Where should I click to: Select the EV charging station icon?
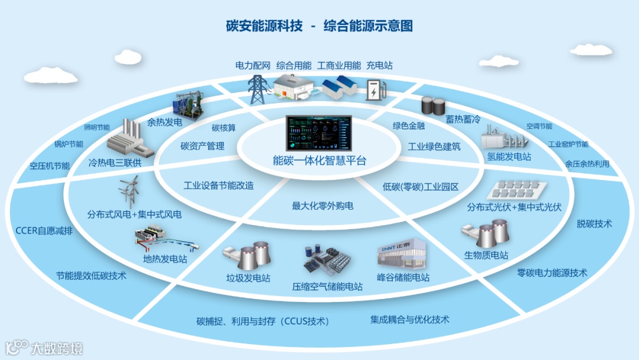pyautogui.click(x=373, y=91)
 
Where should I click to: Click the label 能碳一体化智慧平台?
pyautogui.click(x=319, y=160)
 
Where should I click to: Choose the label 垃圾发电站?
pyautogui.click(x=248, y=278)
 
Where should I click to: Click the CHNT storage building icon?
pyautogui.click(x=402, y=255)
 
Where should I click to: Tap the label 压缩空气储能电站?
pyautogui.click(x=327, y=287)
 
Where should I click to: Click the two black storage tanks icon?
pyautogui.click(x=433, y=106)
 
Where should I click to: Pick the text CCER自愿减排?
pyautogui.click(x=44, y=231)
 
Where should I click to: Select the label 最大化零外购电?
pyautogui.click(x=322, y=206)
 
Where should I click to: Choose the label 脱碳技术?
pyautogui.click(x=594, y=224)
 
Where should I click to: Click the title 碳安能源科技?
pyautogui.click(x=264, y=26)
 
